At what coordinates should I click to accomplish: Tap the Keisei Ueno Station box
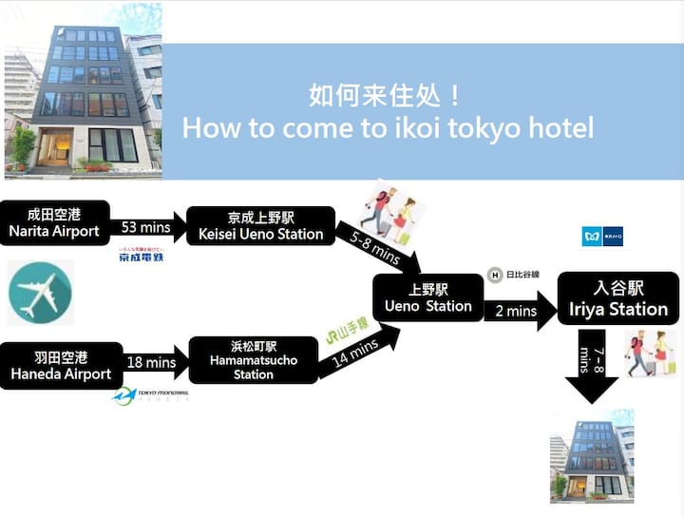(261, 226)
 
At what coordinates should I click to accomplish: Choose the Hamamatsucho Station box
(254, 360)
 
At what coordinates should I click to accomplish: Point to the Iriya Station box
(618, 298)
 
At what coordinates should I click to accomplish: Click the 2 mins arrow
(518, 310)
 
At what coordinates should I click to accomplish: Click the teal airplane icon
(41, 293)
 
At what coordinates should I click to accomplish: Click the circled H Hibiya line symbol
(494, 276)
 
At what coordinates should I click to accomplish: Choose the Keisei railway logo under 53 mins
(141, 254)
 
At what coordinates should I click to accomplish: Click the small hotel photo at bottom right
(592, 456)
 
